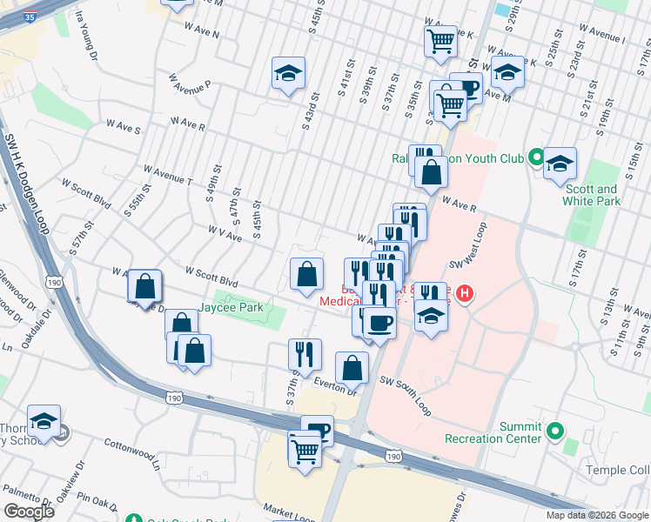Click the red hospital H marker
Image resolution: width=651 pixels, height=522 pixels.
pyautogui.click(x=465, y=293)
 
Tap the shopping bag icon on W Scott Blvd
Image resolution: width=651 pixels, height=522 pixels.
pyautogui.click(x=305, y=275)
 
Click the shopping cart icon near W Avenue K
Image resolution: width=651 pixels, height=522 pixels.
pyautogui.click(x=441, y=39)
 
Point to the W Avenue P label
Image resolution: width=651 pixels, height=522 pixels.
pyautogui.click(x=191, y=87)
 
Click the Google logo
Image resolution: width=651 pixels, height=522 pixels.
pyautogui.click(x=29, y=511)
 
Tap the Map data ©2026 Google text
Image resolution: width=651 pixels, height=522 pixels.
pyautogui.click(x=596, y=515)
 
